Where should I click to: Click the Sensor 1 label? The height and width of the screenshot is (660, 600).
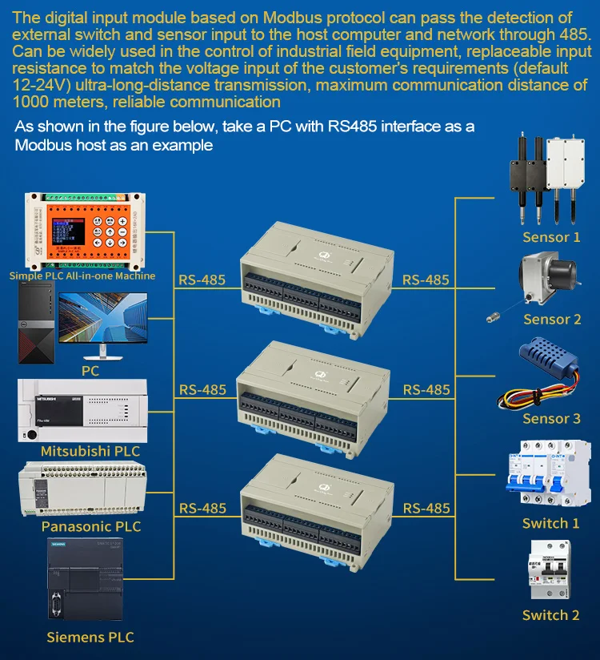(551, 237)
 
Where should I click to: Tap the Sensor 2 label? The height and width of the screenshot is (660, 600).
(552, 320)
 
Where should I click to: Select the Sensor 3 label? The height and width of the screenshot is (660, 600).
(551, 419)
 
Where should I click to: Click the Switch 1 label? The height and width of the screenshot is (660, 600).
(550, 523)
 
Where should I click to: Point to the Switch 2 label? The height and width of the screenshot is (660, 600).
(550, 615)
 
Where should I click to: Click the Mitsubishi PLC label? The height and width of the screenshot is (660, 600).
(90, 451)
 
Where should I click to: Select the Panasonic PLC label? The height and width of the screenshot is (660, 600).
(91, 526)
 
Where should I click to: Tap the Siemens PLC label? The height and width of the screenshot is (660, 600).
(90, 638)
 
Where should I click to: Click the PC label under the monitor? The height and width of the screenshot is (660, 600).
(90, 371)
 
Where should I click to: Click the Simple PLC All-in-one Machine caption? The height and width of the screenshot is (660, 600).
(82, 276)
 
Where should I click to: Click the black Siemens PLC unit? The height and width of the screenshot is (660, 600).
(84, 584)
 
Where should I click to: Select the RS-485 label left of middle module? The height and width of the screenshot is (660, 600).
(202, 390)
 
